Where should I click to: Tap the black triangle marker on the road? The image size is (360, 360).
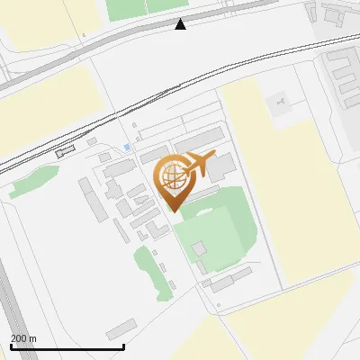click(x=181, y=24)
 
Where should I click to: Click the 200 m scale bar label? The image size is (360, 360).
click(x=24, y=338)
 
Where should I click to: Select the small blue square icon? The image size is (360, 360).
click(x=127, y=147)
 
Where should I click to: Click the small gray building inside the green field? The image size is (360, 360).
click(x=199, y=247)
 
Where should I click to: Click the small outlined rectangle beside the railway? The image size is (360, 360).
click(x=61, y=153)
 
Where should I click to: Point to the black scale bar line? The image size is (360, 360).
click(x=67, y=347)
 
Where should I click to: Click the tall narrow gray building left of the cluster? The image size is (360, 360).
click(x=91, y=198)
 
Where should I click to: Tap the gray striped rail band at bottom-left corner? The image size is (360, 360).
click(x=11, y=315)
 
